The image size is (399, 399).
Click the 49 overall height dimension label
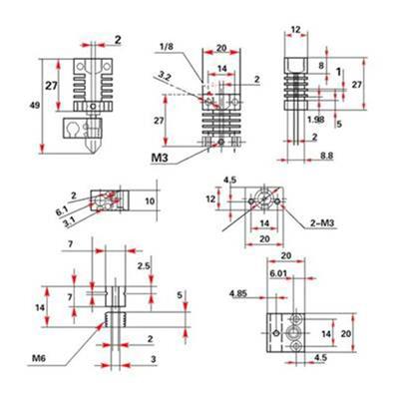(x=35, y=106)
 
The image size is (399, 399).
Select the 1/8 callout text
(x=167, y=46)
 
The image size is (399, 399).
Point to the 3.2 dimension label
(x=164, y=77)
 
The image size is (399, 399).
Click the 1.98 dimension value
(x=316, y=119)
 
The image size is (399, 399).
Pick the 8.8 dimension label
(x=326, y=156)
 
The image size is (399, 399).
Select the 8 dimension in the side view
(x=321, y=66)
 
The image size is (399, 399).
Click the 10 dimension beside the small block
(x=150, y=200)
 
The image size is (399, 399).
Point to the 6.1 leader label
(x=62, y=210)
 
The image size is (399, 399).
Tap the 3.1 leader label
(x=69, y=221)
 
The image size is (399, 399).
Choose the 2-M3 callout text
(x=322, y=223)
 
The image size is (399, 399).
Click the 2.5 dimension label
(x=144, y=265)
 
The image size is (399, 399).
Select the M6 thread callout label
(x=39, y=358)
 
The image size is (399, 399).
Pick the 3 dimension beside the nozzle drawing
(x=154, y=359)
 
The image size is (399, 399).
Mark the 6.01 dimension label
(x=278, y=273)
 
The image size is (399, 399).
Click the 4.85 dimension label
(x=238, y=293)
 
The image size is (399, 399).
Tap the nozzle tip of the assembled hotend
(x=93, y=153)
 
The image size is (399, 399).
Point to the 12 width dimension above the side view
(x=295, y=30)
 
